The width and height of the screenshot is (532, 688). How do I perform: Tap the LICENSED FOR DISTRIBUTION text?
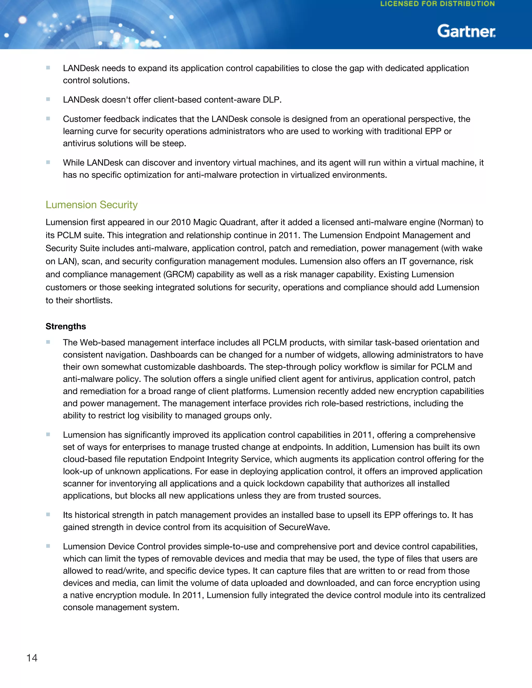[437, 4]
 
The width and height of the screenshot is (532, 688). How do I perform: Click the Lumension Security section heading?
[91, 205]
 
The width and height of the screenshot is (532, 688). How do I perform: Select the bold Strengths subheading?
[65, 326]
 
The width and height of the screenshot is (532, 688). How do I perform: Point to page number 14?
[32, 658]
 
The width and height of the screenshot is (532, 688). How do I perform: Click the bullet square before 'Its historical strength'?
[48, 514]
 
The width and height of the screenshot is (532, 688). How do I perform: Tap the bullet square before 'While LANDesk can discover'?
[48, 162]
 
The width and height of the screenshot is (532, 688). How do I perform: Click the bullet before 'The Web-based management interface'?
[48, 342]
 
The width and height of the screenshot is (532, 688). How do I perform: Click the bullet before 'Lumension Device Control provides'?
[48, 546]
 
